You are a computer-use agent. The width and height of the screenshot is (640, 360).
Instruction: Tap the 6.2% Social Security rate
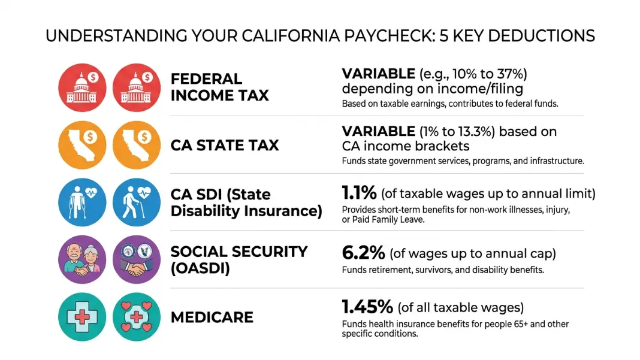(363, 253)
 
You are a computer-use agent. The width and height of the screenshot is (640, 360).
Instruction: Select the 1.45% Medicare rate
(367, 307)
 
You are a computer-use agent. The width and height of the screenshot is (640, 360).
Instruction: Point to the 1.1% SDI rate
(359, 193)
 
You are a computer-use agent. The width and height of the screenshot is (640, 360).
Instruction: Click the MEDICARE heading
(212, 317)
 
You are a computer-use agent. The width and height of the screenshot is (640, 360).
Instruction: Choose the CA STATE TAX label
(225, 146)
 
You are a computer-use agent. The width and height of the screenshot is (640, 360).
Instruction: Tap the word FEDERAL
(206, 79)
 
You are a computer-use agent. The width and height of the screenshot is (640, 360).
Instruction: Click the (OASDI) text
(200, 268)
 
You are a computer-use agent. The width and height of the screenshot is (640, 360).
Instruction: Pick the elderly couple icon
(82, 259)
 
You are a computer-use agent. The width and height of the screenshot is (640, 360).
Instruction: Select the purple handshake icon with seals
(137, 259)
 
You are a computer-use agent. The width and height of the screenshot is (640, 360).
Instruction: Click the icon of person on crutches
(82, 202)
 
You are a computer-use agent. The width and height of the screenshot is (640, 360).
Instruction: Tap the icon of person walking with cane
(137, 202)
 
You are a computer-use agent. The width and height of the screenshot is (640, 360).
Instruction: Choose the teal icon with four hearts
(137, 317)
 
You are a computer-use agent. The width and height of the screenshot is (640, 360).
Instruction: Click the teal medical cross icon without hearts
(82, 317)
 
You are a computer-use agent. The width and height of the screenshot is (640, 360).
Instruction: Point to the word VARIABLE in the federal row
(378, 74)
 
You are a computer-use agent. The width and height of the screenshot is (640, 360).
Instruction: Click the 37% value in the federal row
(509, 74)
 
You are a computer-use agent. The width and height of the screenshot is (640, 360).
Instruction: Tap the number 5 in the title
(443, 36)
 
